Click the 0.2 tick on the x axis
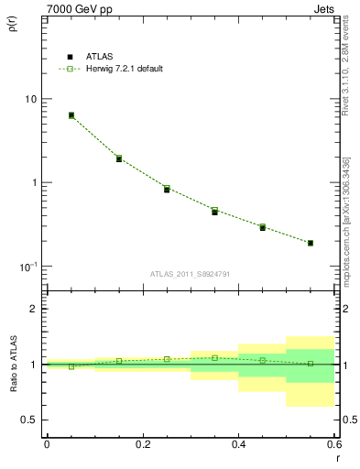[142, 444]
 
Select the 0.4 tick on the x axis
[238, 444]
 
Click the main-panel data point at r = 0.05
[71, 115]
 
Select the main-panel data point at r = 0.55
[311, 243]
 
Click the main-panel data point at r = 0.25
[167, 189]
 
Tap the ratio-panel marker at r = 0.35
[214, 358]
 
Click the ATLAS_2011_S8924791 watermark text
[190, 274]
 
